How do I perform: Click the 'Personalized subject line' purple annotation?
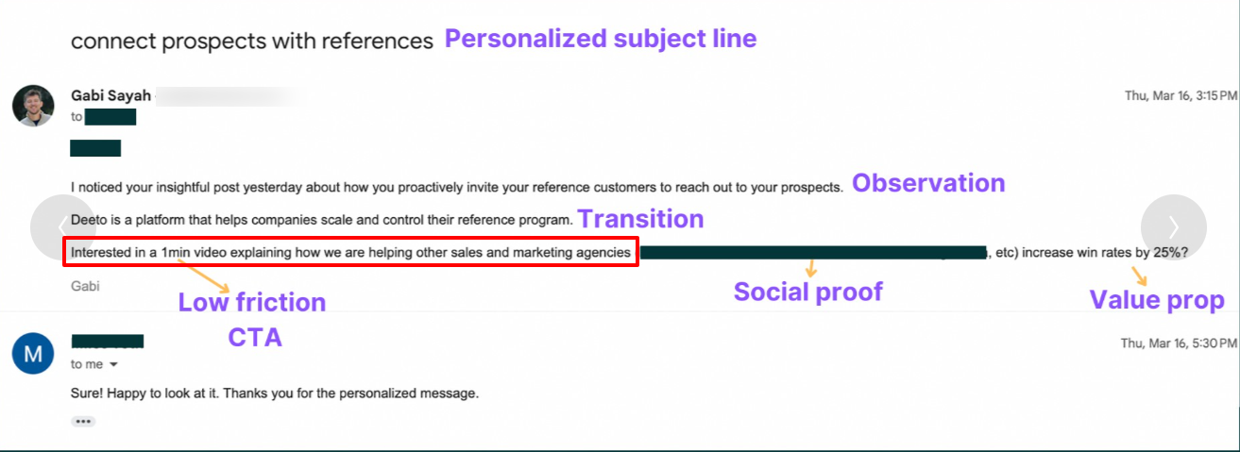coord(601,39)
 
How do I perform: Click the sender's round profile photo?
coord(33,105)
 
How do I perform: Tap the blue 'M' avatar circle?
coord(33,353)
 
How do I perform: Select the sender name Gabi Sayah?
coord(110,95)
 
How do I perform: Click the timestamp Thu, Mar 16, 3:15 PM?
coord(1180,95)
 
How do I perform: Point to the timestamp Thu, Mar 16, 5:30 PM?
coord(1180,343)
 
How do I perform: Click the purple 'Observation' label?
coord(928,183)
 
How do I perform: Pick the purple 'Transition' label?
coord(640,219)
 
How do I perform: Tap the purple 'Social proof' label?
coord(807,292)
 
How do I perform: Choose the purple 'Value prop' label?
coord(1157,300)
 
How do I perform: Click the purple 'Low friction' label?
coord(252,302)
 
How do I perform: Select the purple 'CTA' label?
coord(255,337)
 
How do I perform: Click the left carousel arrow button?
coord(62,227)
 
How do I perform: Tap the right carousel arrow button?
coord(1173,227)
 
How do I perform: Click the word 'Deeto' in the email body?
coord(88,220)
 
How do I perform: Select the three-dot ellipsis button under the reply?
coord(83,421)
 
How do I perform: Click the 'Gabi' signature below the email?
coord(85,286)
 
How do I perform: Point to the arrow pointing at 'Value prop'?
coord(1141,276)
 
